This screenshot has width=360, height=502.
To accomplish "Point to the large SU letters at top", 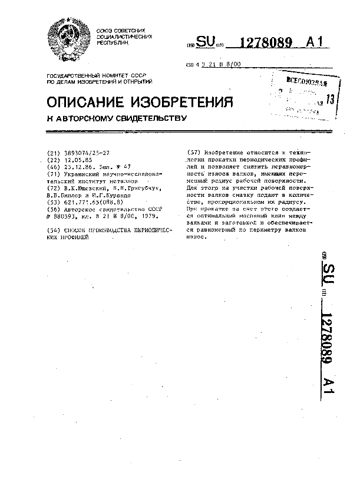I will coord(204,42).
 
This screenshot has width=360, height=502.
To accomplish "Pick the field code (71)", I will coord(53,174).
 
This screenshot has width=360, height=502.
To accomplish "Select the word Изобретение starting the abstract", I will coord(224,153).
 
